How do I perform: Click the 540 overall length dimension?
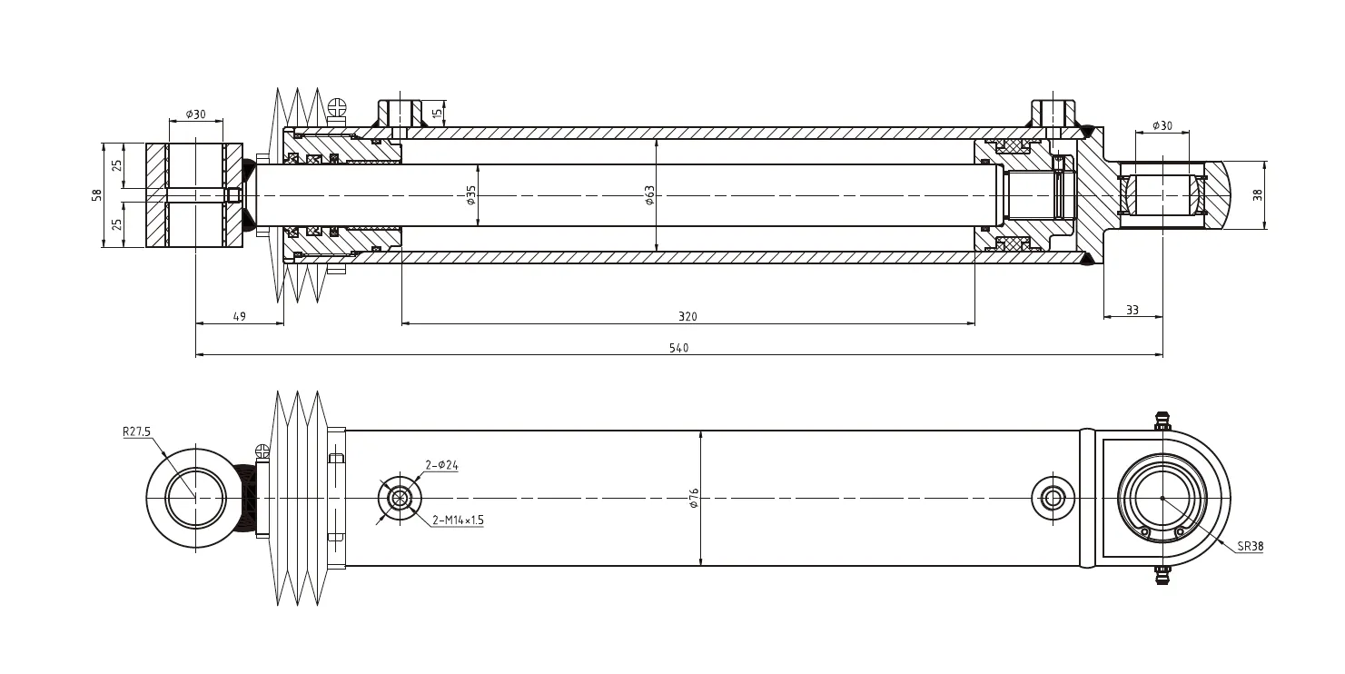678,349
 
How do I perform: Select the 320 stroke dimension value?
687,317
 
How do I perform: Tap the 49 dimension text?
240,317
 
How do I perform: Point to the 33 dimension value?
1132,311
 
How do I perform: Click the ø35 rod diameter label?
471,195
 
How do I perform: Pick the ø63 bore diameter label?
649,195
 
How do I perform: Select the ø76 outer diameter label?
695,498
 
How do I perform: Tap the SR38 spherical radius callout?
1250,547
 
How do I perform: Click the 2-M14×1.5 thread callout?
458,520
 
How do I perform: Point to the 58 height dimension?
97,195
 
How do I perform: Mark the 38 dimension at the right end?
1258,195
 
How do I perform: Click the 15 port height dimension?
437,114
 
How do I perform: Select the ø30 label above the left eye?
195,114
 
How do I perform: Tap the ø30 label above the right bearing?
1162,125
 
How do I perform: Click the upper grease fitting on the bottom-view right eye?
1161,421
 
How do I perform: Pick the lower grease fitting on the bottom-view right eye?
1161,574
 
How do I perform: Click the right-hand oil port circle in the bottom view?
1053,498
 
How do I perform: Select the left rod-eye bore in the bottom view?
195,498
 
